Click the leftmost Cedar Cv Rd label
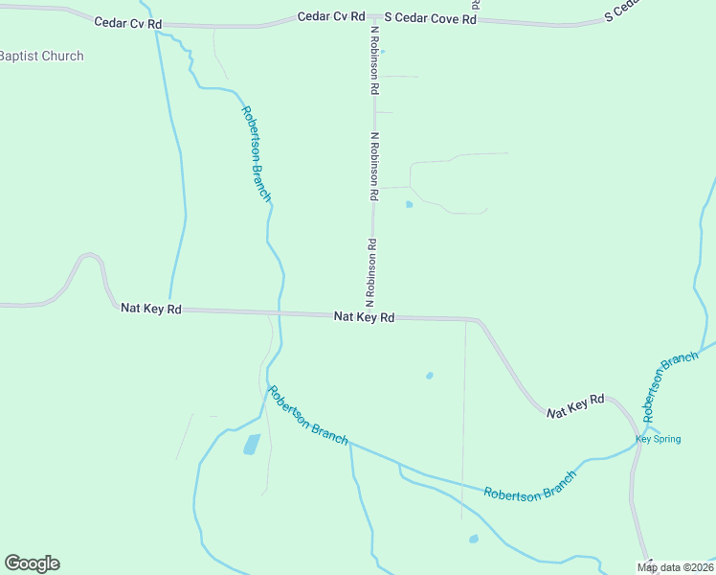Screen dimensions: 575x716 129,21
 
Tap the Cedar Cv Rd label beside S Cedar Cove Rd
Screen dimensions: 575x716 331,16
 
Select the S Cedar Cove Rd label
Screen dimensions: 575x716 430,18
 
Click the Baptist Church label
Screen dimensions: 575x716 41,56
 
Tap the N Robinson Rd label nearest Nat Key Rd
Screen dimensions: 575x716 369,272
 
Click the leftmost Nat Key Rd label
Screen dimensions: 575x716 151,309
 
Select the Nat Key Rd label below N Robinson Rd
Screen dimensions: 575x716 364,316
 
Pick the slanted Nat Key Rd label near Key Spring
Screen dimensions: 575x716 576,405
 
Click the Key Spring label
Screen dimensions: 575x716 659,439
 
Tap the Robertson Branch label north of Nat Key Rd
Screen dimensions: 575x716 257,153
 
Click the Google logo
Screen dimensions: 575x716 32,563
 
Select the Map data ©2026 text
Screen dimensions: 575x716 676,567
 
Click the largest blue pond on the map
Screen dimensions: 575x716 251,444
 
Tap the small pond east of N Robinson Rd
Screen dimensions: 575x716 410,203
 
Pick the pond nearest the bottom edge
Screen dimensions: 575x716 473,539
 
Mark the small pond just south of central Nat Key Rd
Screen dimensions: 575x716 429,375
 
